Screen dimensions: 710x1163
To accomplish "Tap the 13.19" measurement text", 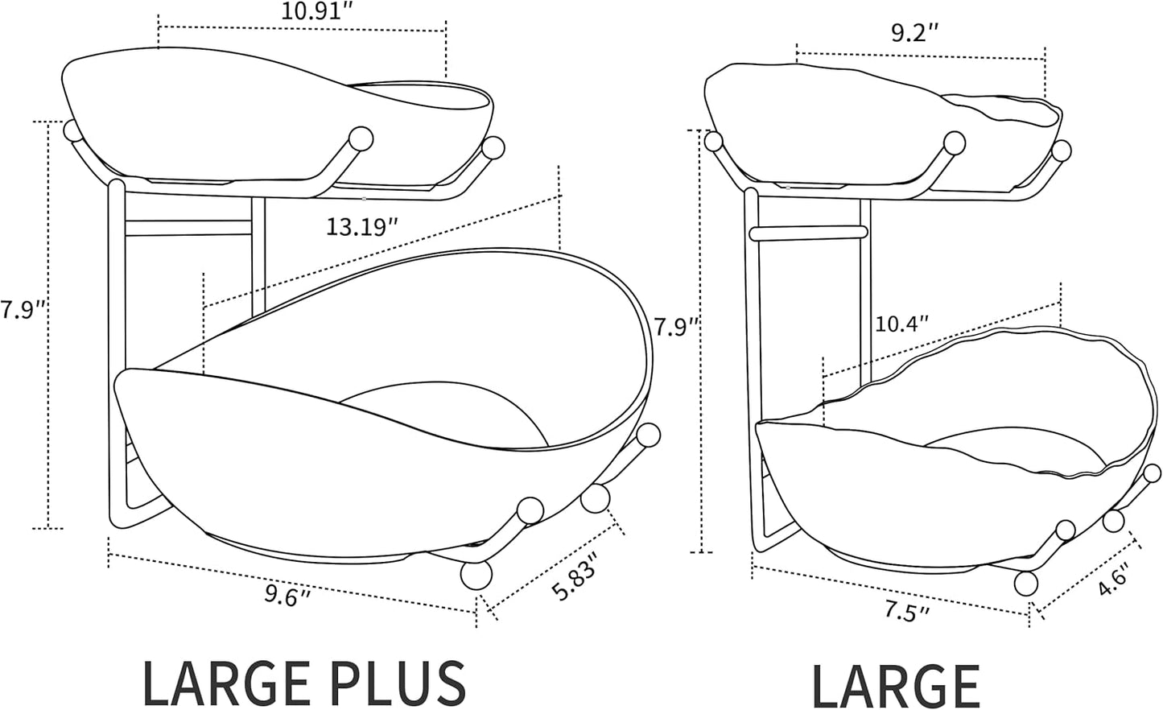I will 362,226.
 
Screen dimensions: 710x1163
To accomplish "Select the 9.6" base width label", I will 287,596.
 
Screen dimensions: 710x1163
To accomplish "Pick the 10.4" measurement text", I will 901,324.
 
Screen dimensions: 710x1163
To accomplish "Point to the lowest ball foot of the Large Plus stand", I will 476,576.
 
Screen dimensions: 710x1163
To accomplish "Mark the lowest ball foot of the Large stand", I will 1025,583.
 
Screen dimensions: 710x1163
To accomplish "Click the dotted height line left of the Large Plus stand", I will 49,322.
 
